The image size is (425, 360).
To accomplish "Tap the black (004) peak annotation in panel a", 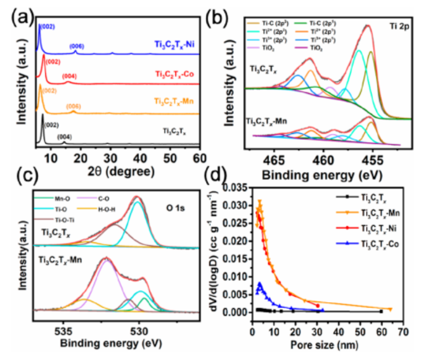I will click(x=64, y=137).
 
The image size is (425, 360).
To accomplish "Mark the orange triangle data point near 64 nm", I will click(x=390, y=309).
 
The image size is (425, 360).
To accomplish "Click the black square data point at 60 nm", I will click(x=381, y=311).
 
